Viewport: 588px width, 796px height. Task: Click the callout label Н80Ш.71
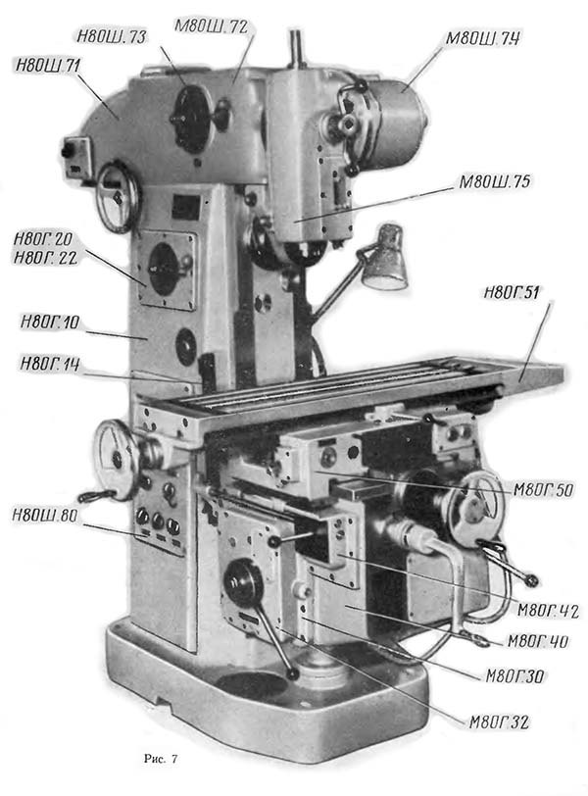(48, 66)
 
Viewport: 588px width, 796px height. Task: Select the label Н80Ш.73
(110, 37)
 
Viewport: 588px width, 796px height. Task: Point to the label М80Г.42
(548, 612)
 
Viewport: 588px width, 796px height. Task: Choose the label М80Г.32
(498, 723)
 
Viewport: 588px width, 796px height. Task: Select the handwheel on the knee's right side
(474, 506)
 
